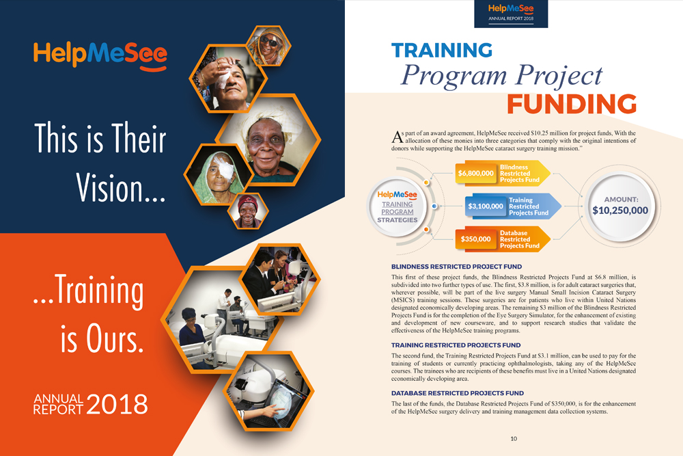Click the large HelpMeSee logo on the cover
(100, 56)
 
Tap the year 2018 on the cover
(117, 404)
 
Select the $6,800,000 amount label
(475, 173)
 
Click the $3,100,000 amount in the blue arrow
(486, 206)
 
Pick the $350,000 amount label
(475, 239)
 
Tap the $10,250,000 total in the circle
(620, 210)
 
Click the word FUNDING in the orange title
(572, 104)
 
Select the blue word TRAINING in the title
(442, 50)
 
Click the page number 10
(514, 438)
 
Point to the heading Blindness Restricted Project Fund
(456, 267)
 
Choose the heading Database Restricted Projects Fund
(458, 393)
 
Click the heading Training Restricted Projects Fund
(456, 345)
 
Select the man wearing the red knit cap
(247, 211)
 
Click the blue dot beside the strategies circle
(434, 206)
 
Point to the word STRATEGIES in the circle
(398, 220)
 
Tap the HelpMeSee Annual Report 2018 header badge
(511, 14)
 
